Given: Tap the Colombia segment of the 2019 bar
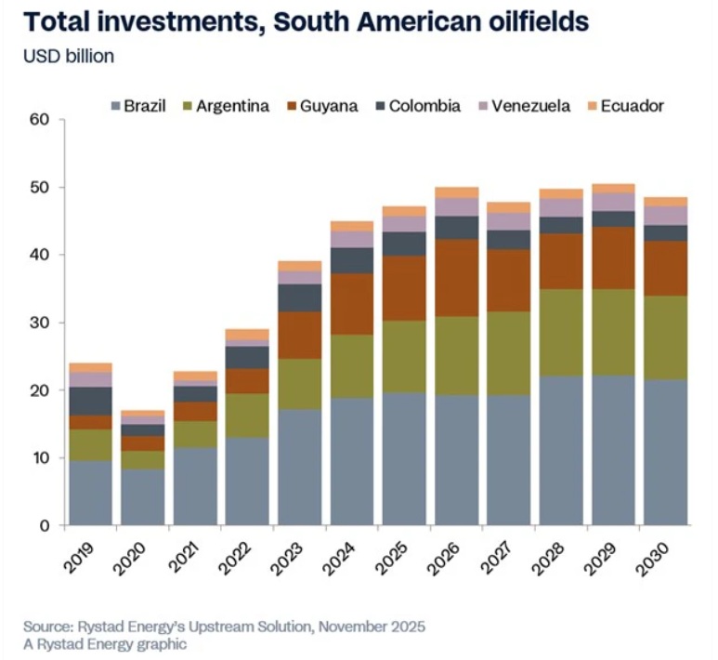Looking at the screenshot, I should pyautogui.click(x=91, y=401).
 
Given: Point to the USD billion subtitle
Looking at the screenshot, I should pyautogui.click(x=69, y=57).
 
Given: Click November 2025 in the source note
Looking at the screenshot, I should pyautogui.click(x=365, y=625).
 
